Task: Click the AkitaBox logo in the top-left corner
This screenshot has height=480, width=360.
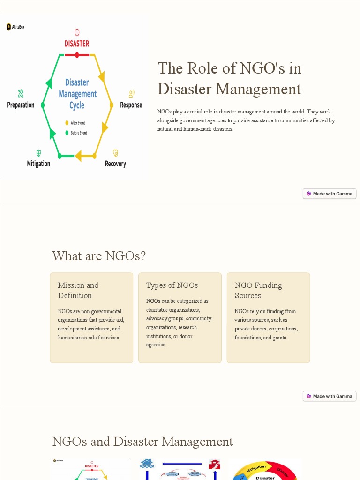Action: (x=15, y=27)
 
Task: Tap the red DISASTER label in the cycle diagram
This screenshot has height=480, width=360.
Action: (x=77, y=44)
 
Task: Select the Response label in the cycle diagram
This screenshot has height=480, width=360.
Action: (x=131, y=105)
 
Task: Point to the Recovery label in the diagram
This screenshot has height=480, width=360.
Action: (x=115, y=164)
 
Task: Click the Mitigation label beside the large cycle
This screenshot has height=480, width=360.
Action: (x=38, y=164)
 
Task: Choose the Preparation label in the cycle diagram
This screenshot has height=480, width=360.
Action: (x=21, y=105)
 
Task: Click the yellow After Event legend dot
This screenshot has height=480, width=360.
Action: (x=67, y=123)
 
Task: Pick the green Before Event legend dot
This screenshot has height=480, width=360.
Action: (x=67, y=133)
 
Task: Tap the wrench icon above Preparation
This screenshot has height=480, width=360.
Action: (x=21, y=93)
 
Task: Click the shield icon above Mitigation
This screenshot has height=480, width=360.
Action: (x=38, y=153)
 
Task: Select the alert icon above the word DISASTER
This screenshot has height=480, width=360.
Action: (x=77, y=32)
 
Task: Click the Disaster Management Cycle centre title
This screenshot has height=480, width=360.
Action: (x=77, y=94)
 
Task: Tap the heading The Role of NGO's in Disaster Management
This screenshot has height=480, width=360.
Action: (x=229, y=78)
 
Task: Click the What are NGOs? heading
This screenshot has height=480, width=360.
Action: (x=99, y=256)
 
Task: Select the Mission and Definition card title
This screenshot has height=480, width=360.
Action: (x=78, y=290)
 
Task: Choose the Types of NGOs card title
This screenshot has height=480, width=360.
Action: (x=172, y=285)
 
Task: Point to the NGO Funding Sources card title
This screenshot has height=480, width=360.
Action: (x=258, y=290)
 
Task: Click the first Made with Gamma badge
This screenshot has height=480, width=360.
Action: (x=330, y=194)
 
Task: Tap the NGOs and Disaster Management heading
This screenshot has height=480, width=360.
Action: (x=142, y=442)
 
